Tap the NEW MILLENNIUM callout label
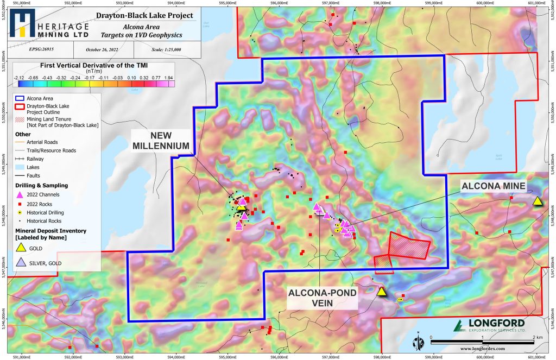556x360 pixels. click(x=163, y=140)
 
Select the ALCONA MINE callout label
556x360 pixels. click(x=494, y=186)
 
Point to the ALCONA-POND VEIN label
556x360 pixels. click(x=323, y=299)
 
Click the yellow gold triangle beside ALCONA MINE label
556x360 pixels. click(x=537, y=201)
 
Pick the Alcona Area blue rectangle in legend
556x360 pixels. click(x=20, y=98)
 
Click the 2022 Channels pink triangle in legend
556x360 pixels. click(x=20, y=194)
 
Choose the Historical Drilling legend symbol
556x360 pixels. click(x=20, y=212)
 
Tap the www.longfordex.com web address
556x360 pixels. click(x=483, y=349)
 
